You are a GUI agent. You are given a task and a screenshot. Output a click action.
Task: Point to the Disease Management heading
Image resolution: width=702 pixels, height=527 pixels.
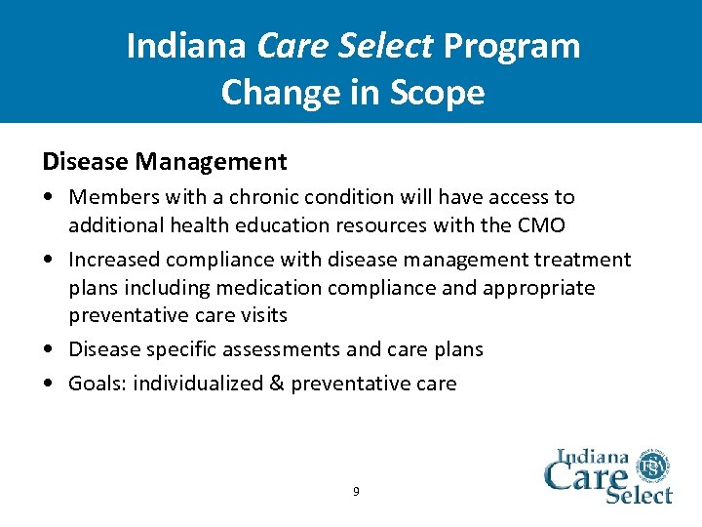[164, 161]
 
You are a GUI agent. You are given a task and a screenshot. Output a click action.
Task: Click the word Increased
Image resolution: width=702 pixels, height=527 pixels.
[113, 260]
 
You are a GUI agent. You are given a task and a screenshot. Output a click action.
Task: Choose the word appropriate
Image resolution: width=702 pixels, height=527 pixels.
[540, 288]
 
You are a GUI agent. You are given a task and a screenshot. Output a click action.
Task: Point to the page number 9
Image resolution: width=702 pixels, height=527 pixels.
[356, 492]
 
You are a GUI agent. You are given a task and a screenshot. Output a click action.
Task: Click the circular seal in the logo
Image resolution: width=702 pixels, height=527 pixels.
[652, 468]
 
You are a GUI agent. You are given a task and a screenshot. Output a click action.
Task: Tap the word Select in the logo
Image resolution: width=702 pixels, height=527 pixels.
[640, 494]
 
